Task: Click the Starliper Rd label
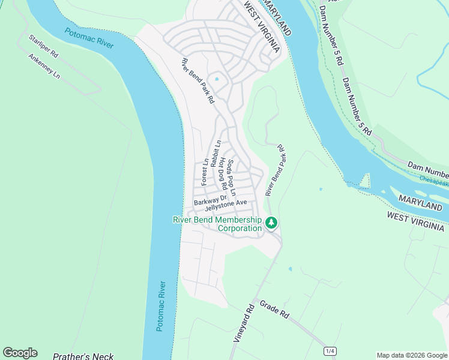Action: tap(44, 46)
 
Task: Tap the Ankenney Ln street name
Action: tap(44, 67)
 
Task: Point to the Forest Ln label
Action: tap(205, 171)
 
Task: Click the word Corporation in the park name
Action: tap(240, 229)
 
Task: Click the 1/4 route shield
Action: tap(330, 350)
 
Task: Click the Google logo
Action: tap(20, 353)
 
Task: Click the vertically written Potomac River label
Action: tap(160, 305)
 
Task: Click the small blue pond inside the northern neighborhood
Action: tap(217, 79)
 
